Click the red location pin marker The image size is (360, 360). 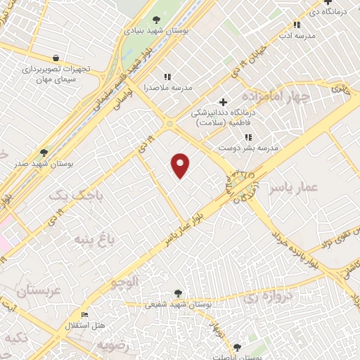[181, 165]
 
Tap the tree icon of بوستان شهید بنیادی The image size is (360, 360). [156, 20]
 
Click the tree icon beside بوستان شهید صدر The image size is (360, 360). [44, 152]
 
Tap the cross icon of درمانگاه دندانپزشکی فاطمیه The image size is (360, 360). [223, 102]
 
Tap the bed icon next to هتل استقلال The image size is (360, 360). [85, 314]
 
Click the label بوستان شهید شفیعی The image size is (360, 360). [153, 304]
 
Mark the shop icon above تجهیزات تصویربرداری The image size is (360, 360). [56, 58]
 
